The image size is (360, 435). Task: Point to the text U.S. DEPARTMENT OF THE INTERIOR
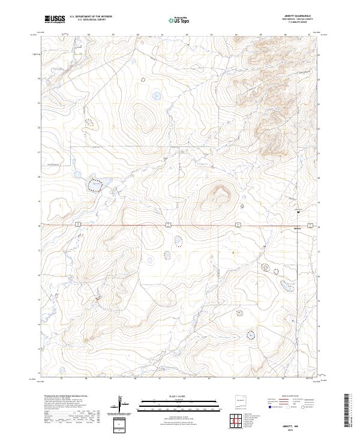91,17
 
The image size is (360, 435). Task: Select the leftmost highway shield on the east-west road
79,225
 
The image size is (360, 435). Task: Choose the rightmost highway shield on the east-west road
310,225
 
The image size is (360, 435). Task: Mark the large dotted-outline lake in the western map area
95,185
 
